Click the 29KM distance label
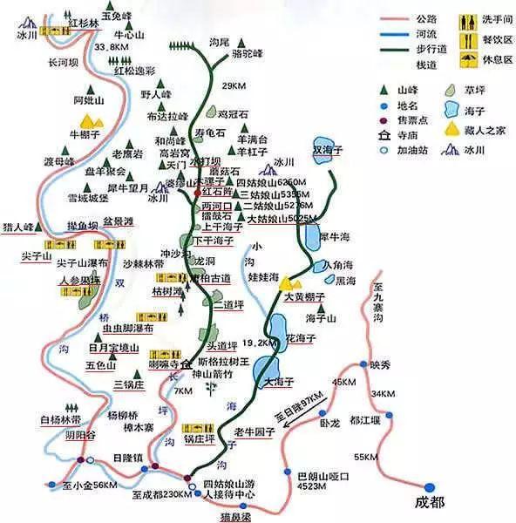234,85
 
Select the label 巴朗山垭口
322,477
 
